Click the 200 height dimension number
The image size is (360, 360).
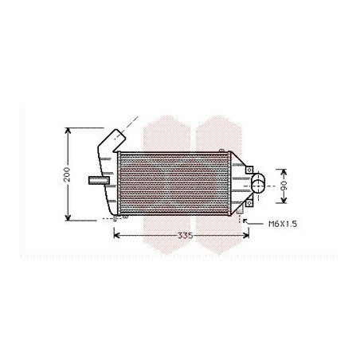click(x=68, y=173)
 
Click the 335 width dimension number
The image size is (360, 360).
click(x=185, y=236)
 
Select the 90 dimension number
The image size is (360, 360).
click(x=284, y=185)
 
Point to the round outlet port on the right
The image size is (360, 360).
click(x=260, y=186)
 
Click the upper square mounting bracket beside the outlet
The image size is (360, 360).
click(x=250, y=171)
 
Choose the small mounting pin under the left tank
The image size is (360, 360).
click(x=116, y=217)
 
